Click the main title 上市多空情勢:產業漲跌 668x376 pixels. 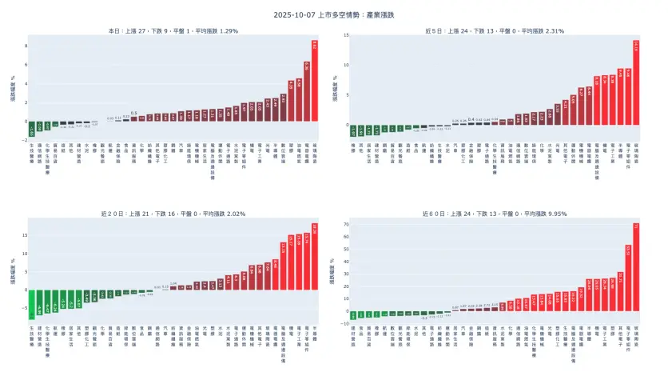333,14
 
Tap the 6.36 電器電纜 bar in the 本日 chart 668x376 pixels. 307,91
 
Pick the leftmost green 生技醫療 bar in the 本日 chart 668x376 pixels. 34,127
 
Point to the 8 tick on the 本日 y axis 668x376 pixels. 25,46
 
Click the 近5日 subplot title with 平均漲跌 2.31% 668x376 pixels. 495,31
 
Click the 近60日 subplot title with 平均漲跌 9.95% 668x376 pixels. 495,214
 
